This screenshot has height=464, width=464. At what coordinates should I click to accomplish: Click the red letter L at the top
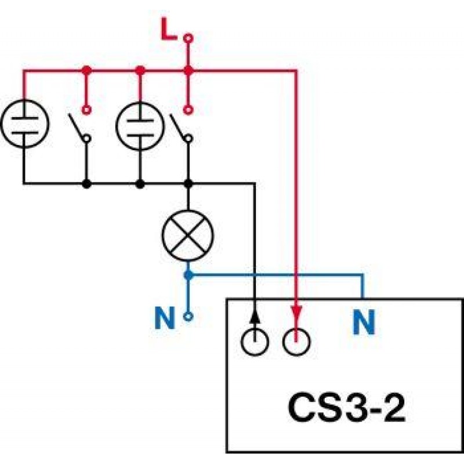pyautogui.click(x=169, y=29)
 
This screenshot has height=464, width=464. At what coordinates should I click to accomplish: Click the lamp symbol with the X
pyautogui.click(x=188, y=235)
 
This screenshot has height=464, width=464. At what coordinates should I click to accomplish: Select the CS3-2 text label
pyautogui.click(x=346, y=408)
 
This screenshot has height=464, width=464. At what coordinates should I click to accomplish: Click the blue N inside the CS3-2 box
pyautogui.click(x=364, y=322)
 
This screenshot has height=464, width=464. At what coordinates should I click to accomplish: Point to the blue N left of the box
pyautogui.click(x=165, y=318)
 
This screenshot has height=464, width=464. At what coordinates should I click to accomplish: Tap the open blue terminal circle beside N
pyautogui.click(x=188, y=317)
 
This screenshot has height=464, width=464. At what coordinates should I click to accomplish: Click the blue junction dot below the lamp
pyautogui.click(x=188, y=275)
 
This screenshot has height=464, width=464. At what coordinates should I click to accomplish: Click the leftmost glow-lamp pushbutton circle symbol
pyautogui.click(x=25, y=124)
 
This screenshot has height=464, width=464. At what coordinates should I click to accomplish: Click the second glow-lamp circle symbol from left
pyautogui.click(x=140, y=126)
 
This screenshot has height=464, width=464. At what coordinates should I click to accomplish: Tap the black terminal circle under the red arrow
pyautogui.click(x=296, y=342)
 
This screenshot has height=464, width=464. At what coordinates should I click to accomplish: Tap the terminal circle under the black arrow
pyautogui.click(x=255, y=342)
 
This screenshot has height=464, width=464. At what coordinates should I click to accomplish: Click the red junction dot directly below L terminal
pyautogui.click(x=188, y=70)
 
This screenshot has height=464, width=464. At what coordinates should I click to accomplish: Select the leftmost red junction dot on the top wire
pyautogui.click(x=86, y=70)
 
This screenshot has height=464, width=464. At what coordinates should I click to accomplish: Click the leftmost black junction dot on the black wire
pyautogui.click(x=86, y=184)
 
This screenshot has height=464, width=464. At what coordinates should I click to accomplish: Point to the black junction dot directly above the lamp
pyautogui.click(x=188, y=184)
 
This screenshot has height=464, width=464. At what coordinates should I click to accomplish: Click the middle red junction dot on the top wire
pyautogui.click(x=140, y=70)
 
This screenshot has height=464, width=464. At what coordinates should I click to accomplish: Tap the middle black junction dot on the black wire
pyautogui.click(x=140, y=184)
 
